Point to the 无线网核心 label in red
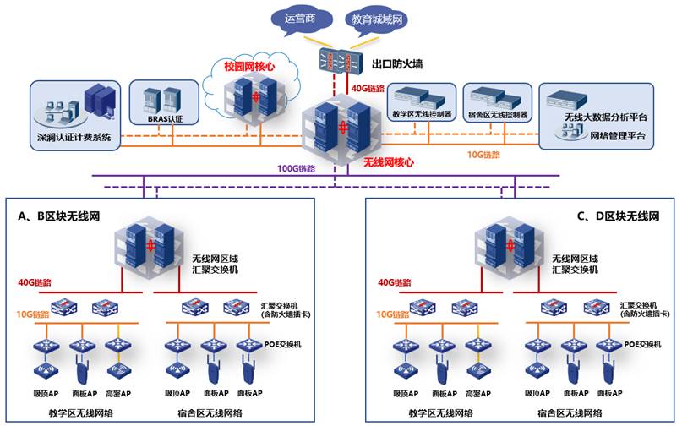pos(388,161)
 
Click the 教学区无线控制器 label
pos(418,114)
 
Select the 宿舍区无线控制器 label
pos(497,114)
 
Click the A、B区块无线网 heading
pos(59,217)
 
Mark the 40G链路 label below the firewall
pos(368,87)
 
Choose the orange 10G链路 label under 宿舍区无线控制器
pos(484,156)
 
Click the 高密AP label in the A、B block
pos(117,394)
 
